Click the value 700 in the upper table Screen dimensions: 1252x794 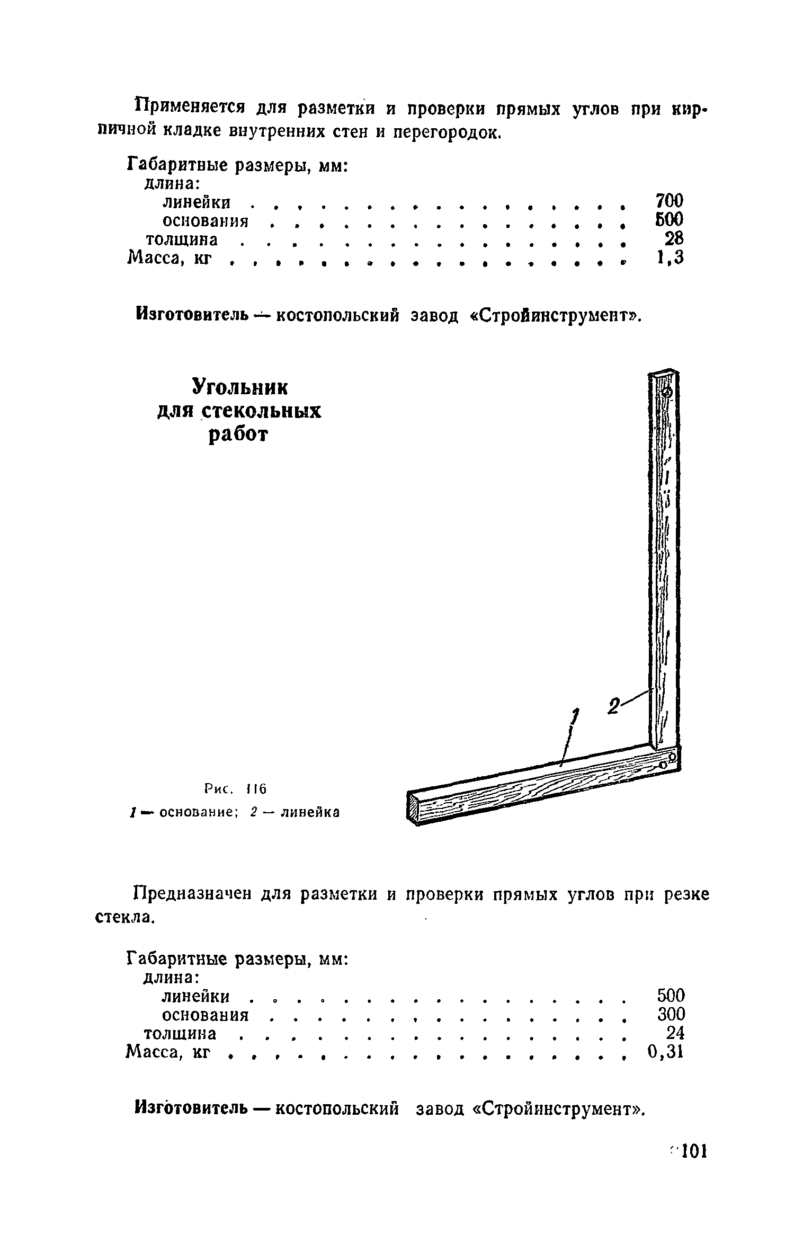point(669,201)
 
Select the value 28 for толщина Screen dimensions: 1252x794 point(674,238)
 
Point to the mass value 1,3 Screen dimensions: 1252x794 point(670,258)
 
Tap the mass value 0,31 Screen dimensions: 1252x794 point(666,1052)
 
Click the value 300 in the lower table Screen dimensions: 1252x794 point(671,1014)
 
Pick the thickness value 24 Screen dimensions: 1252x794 point(675,1033)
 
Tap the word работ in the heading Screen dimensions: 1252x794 point(239,435)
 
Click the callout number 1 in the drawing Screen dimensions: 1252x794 point(574,718)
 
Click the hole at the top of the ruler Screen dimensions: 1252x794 point(667,393)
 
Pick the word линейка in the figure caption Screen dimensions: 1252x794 point(310,812)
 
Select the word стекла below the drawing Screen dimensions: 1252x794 point(125,917)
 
